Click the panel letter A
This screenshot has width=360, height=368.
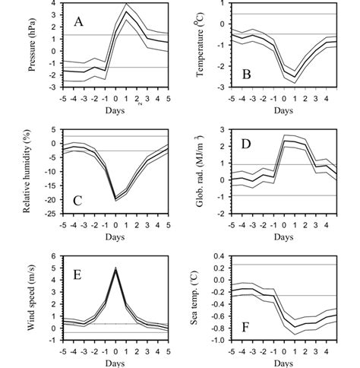[x=78, y=22]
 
